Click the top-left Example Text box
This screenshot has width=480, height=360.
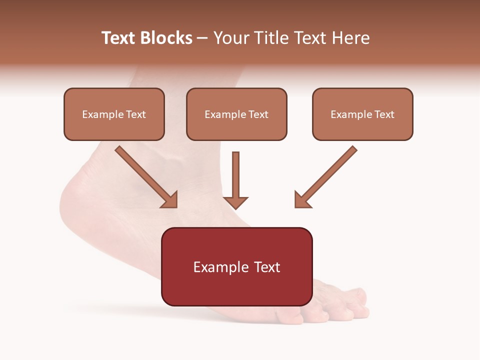coord(114,114)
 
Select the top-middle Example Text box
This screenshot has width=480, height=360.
coord(236,114)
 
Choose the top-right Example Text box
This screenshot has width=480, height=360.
coord(362,114)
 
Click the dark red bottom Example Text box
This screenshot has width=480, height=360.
coord(236,266)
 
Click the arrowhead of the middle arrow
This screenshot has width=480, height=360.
coord(235,202)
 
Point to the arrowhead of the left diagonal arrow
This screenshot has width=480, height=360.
coord(170,199)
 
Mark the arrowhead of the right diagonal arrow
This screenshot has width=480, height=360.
coord(302,199)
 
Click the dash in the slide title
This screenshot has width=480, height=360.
coord(202,38)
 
